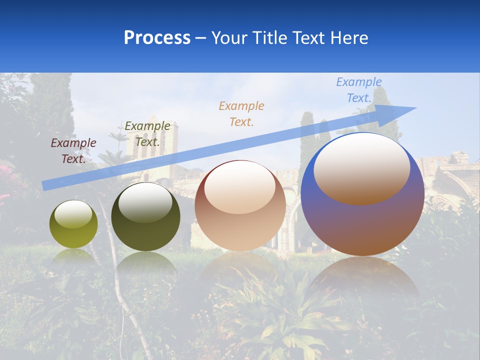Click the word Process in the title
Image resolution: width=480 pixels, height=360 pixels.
(x=157, y=38)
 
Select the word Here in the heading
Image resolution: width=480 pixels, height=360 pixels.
(x=349, y=38)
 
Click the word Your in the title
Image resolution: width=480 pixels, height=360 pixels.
(x=229, y=38)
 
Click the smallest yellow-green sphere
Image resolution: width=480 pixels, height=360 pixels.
(x=73, y=224)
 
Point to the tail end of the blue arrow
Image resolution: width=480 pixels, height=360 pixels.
(x=45, y=185)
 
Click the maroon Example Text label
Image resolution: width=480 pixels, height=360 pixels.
(x=73, y=151)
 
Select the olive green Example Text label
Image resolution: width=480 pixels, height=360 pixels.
(x=147, y=134)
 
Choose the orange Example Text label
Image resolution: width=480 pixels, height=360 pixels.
(x=241, y=113)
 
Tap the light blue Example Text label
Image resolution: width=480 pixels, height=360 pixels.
(x=359, y=90)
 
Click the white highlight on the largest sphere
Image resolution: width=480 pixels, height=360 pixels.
(x=361, y=168)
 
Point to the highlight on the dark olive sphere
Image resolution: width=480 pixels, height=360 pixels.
(x=145, y=202)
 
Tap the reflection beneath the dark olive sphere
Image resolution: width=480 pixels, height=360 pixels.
(x=146, y=263)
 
